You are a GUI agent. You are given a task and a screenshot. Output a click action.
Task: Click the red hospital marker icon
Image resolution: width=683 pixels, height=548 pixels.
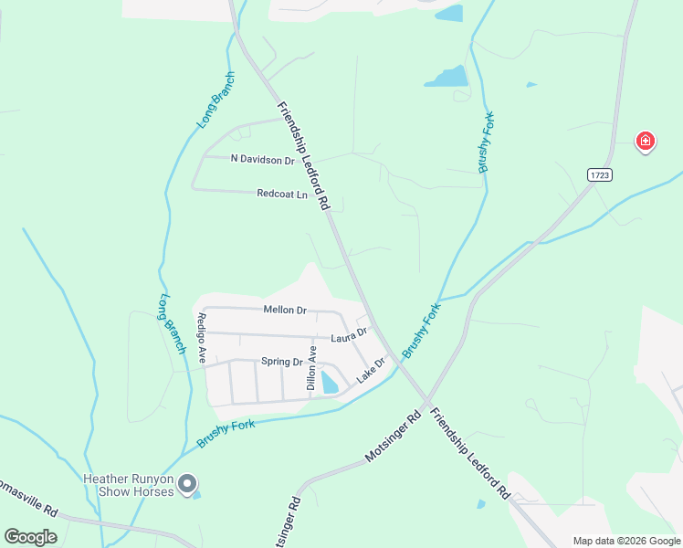(x=645, y=141)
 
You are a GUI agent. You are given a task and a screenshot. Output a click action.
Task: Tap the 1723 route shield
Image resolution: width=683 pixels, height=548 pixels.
(x=599, y=174)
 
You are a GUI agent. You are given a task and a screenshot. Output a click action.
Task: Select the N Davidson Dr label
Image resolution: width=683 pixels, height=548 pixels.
(x=262, y=160)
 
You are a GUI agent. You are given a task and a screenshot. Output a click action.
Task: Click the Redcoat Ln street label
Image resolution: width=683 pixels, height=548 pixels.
(x=282, y=194)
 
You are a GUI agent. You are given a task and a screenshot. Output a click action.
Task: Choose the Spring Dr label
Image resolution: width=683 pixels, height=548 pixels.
(x=281, y=362)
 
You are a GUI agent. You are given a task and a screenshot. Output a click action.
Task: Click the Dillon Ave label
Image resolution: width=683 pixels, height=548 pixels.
(x=311, y=368)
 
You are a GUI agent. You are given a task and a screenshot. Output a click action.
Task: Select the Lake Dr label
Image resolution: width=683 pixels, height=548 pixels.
(x=372, y=370)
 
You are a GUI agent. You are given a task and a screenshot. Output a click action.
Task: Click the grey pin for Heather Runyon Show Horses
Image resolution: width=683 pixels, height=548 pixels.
(x=187, y=484)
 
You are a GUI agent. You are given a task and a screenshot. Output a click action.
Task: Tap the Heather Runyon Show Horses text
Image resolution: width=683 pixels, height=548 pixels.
(x=127, y=484)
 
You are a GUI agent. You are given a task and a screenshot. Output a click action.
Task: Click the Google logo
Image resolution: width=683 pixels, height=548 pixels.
(x=31, y=537)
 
